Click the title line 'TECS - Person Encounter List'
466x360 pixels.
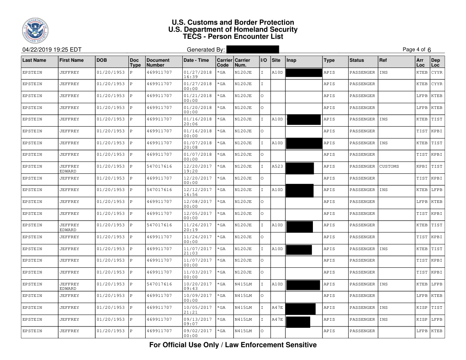click(x=233, y=37)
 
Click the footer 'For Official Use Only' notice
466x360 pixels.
click(x=233, y=345)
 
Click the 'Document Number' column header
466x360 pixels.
click(x=158, y=62)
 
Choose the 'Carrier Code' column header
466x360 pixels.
click(x=223, y=62)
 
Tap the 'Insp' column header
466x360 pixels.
click(x=292, y=59)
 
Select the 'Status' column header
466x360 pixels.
click(x=357, y=59)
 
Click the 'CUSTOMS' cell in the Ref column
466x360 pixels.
click(x=389, y=166)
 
